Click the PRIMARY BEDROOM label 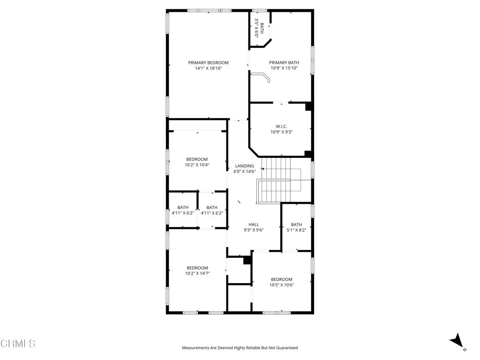[x=208, y=63]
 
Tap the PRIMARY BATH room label [x=284, y=63]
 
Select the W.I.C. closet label [x=281, y=126]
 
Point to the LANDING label [x=244, y=166]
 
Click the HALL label [x=254, y=225]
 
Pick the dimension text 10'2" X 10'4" [x=197, y=165]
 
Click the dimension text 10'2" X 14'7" [x=197, y=273]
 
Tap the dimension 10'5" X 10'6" [x=281, y=285]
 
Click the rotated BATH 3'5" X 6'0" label [x=259, y=28]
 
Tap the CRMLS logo [x=18, y=344]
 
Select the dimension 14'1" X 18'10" [x=208, y=68]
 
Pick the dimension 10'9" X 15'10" [x=284, y=68]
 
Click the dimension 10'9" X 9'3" [x=281, y=132]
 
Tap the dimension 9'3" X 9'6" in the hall [x=254, y=230]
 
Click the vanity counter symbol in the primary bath [x=262, y=76]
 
